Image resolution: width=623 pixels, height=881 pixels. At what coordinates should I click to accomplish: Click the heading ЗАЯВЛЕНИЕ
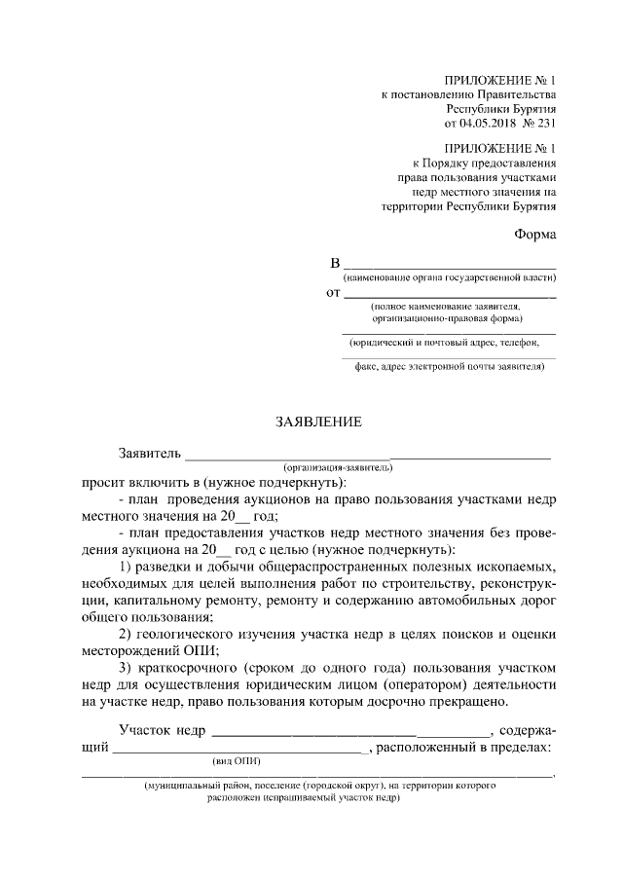pos(320,422)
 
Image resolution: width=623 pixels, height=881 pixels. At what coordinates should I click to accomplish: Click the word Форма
pos(535,235)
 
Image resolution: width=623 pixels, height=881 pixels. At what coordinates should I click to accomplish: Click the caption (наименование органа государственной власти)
pos(449,278)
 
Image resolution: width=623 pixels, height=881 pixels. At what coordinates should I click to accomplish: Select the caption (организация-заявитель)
pos(339,467)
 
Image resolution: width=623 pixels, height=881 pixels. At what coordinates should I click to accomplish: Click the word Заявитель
pos(148,454)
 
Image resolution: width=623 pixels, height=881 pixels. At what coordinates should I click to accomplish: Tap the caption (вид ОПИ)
pos(237,760)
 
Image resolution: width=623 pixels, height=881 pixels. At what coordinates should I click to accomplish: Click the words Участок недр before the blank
pos(160,729)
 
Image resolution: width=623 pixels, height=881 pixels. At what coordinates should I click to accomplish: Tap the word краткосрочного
pos(192,669)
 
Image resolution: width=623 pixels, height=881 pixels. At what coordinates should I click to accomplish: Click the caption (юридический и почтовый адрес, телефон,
pos(444,342)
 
